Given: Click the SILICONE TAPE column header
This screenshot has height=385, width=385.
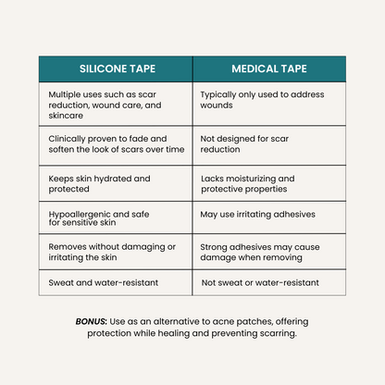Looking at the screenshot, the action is [x=115, y=68].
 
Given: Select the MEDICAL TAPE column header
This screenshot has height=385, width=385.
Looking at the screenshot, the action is [x=268, y=68].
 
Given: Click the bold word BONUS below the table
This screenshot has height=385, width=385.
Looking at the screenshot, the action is [x=92, y=321].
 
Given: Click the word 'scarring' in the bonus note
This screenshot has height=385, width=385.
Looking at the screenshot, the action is [x=275, y=333].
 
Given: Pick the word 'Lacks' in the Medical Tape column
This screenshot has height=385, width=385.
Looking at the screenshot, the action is [x=212, y=178].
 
